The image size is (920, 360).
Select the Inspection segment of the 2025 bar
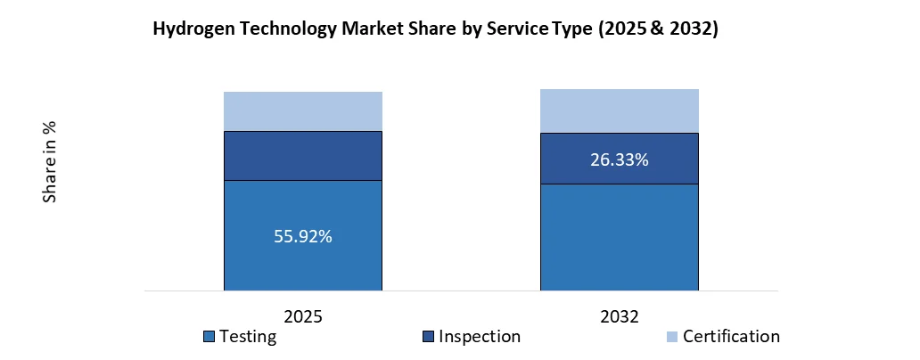pyautogui.click(x=303, y=156)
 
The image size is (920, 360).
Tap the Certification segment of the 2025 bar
pyautogui.click(x=303, y=111)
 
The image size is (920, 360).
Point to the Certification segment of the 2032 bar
pyautogui.click(x=620, y=111)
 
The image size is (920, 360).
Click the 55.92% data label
pyautogui.click(x=303, y=237)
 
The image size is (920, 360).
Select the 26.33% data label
pyautogui.click(x=620, y=160)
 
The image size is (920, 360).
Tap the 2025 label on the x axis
pyautogui.click(x=303, y=316)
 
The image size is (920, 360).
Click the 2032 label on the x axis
pyautogui.click(x=620, y=316)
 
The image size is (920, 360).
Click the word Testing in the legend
pyautogui.click(x=248, y=337)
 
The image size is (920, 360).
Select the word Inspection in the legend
pyautogui.click(x=479, y=337)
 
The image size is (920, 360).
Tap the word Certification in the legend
pyautogui.click(x=731, y=337)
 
